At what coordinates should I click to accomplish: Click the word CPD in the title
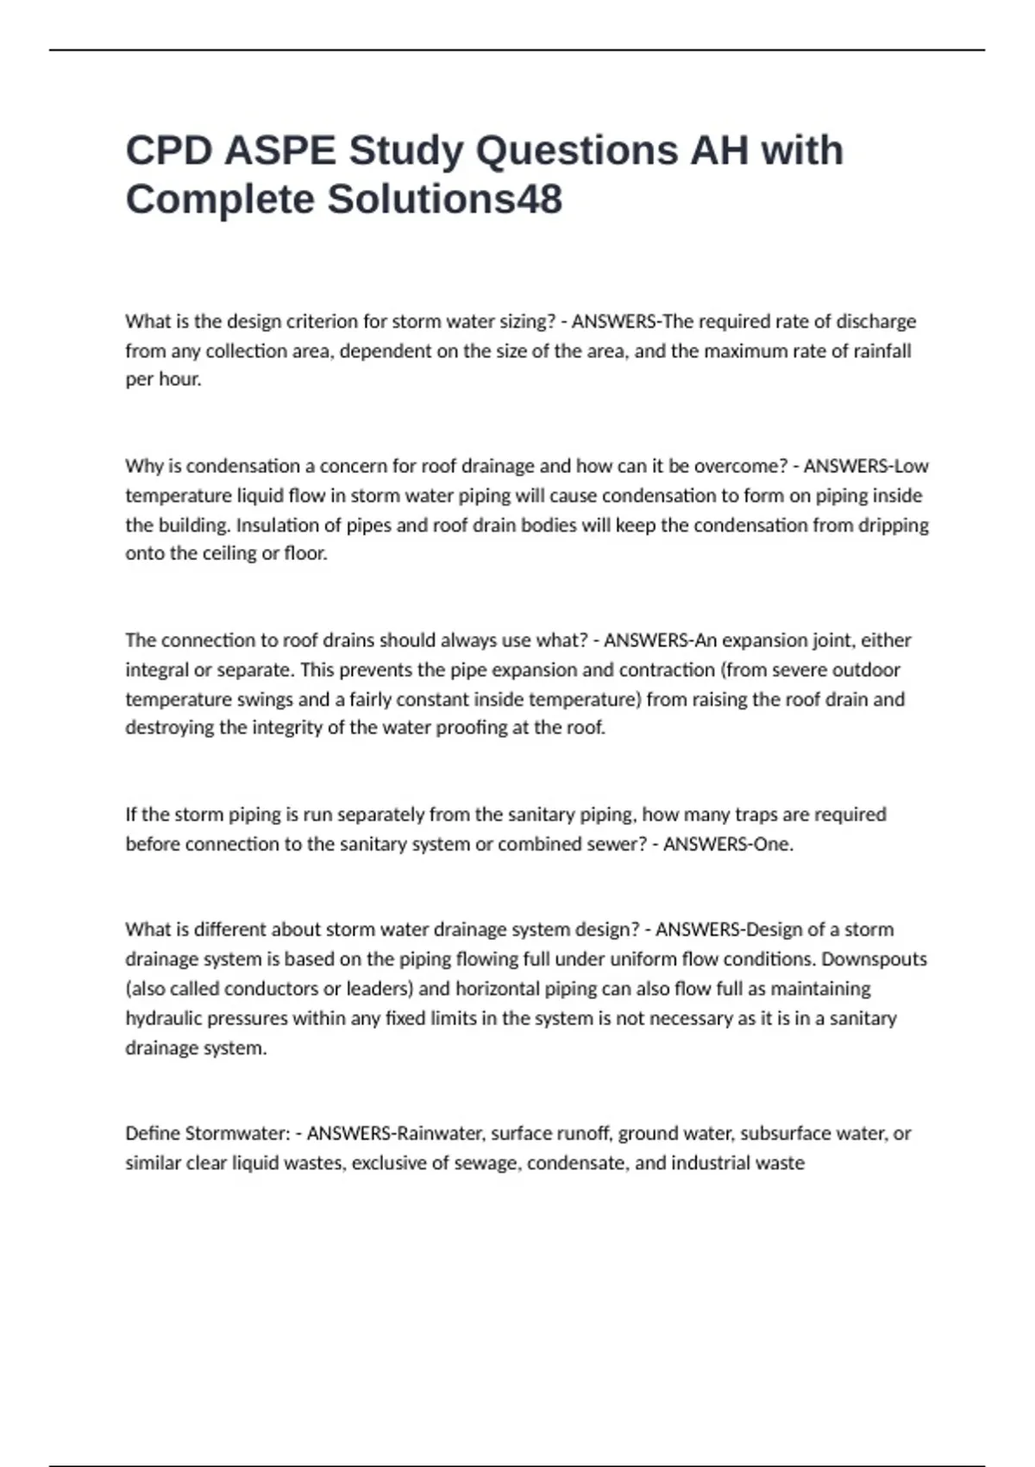tap(169, 151)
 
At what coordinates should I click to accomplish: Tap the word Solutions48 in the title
tap(444, 199)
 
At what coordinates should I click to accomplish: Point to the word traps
tap(756, 815)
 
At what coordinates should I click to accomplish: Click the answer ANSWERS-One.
tap(728, 844)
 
